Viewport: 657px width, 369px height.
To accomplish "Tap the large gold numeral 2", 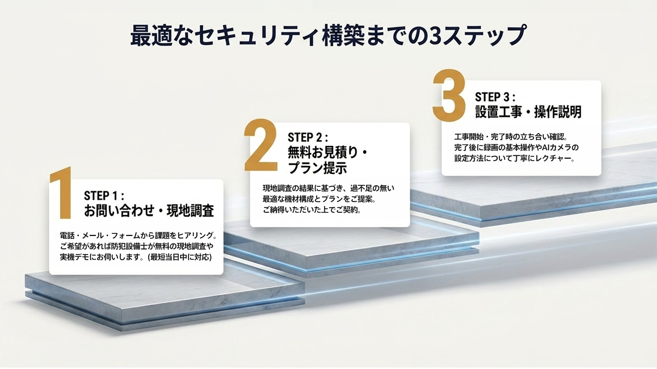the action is coord(261,145).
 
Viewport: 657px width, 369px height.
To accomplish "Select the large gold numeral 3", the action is coord(449,95).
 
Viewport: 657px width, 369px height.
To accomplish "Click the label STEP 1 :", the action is coord(104,195).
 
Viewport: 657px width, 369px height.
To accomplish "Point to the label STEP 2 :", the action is coord(308,137).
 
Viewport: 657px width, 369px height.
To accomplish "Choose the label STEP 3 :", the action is coord(495,97).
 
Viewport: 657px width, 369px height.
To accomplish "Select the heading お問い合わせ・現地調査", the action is coord(149,211).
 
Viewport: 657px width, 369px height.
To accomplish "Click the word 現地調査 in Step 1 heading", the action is coord(191,211).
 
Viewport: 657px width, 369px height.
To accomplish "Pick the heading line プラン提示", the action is coord(318,168).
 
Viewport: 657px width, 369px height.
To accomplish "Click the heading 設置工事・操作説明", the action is coord(528,111).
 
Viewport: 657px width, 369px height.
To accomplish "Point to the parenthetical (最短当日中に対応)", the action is coord(179,257).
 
